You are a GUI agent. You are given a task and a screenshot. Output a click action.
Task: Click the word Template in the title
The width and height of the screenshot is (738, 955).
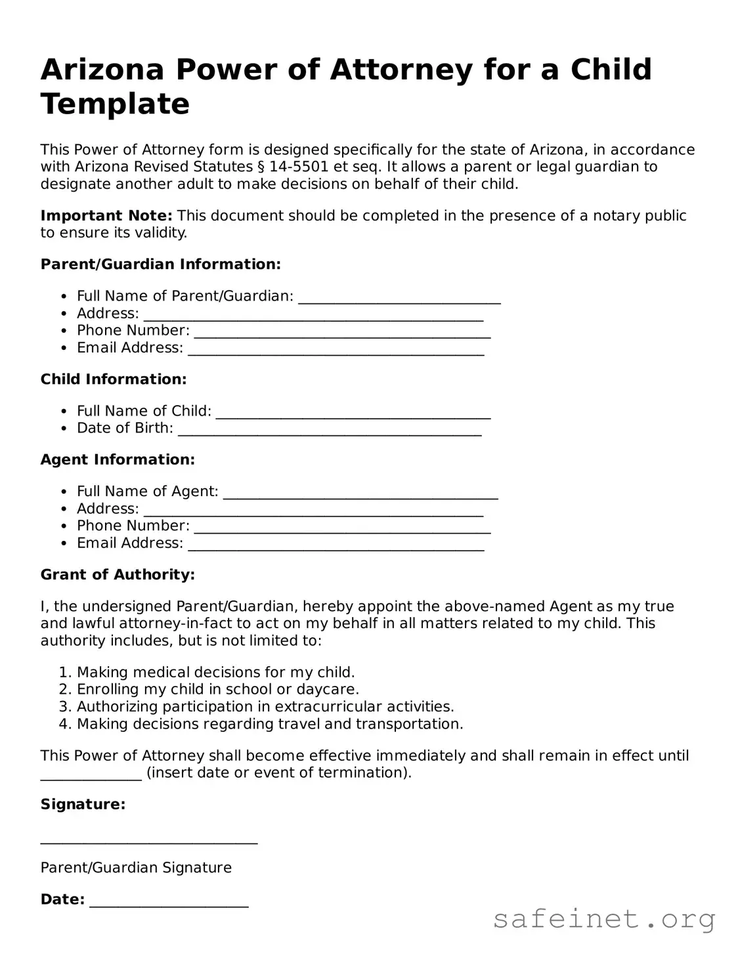click(x=115, y=104)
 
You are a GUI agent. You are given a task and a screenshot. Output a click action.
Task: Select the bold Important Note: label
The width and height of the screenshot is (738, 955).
click(x=106, y=216)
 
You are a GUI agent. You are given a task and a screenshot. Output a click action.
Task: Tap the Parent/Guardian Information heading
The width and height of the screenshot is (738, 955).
click(x=161, y=265)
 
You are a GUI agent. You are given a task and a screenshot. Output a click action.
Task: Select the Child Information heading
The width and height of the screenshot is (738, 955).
click(x=114, y=379)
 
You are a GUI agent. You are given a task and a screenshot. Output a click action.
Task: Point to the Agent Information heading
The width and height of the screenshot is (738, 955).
click(x=118, y=459)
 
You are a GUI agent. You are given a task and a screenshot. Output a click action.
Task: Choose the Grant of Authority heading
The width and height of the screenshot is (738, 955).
click(x=118, y=575)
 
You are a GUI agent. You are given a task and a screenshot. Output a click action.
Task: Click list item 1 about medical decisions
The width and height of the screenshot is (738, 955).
click(x=215, y=672)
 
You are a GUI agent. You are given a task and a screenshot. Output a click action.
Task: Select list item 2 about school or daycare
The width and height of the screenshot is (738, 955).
click(x=217, y=689)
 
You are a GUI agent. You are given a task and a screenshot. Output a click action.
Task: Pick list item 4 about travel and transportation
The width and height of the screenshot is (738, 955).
click(x=270, y=724)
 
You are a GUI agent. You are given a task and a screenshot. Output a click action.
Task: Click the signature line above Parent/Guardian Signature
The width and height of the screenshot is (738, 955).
click(x=149, y=840)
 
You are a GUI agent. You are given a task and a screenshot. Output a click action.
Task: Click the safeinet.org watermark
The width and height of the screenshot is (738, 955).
click(x=603, y=919)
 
